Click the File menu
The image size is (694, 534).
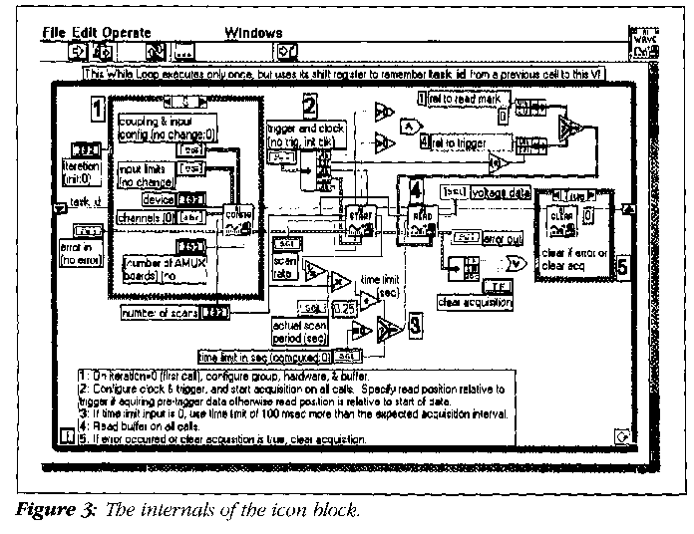53,33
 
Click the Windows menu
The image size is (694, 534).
253,33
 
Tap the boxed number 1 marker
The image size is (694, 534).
97,107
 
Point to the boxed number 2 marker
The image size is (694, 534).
310,106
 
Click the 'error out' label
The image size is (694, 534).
503,239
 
